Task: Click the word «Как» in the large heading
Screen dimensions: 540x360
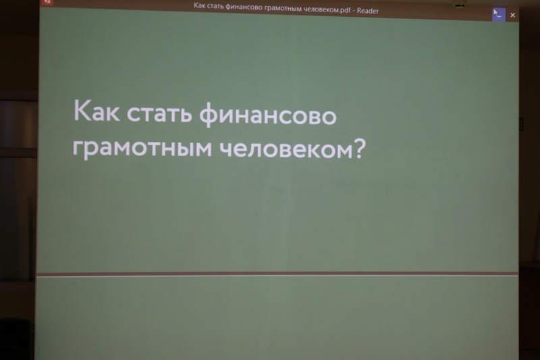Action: [97, 110]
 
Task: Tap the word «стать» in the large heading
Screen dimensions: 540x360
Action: [159, 113]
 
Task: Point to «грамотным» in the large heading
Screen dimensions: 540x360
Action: [142, 148]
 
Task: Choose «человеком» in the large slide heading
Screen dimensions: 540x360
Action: [286, 149]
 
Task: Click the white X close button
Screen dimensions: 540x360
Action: [512, 15]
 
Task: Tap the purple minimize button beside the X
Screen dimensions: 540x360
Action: [499, 15]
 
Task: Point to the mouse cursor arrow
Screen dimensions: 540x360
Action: [496, 13]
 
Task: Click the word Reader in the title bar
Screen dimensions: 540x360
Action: [367, 11]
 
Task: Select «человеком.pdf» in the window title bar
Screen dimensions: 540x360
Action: [329, 9]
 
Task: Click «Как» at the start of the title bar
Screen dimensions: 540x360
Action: [199, 5]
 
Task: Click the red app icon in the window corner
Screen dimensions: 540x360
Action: [47, 2]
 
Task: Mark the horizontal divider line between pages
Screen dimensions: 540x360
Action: [277, 274]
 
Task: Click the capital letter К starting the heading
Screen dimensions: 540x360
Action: [82, 110]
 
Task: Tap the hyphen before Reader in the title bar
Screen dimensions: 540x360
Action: [354, 11]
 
